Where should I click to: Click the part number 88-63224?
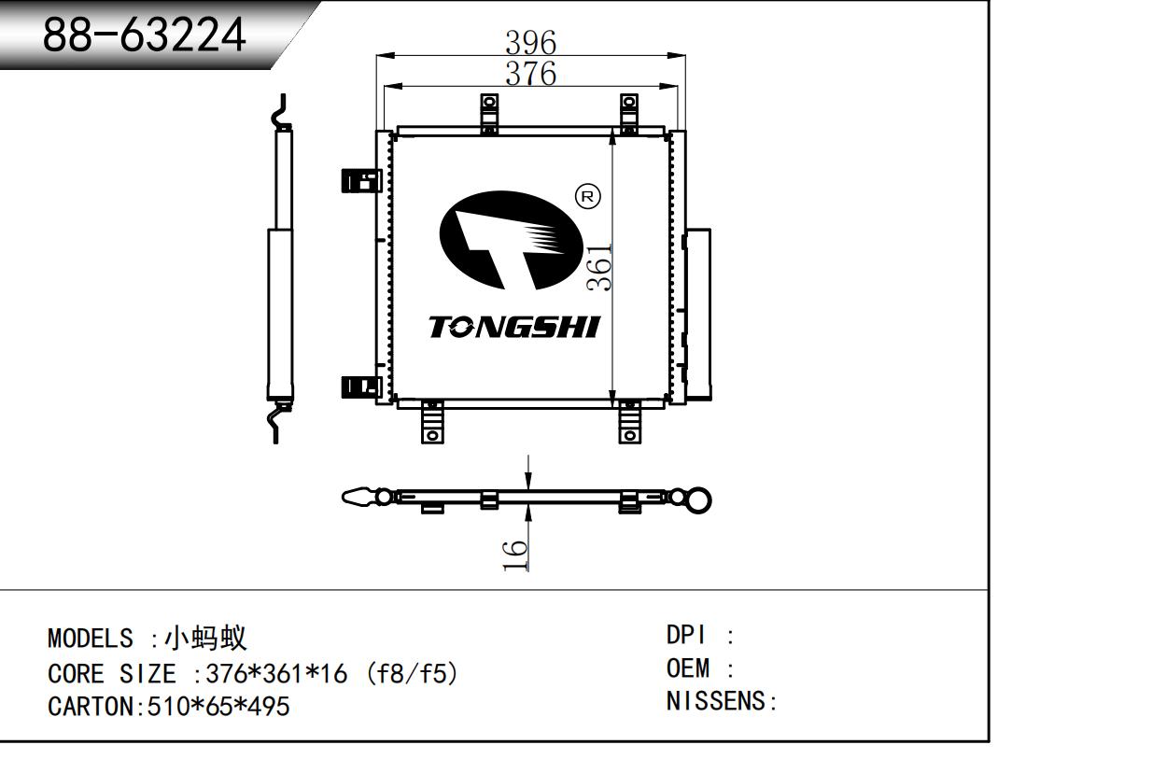(145, 35)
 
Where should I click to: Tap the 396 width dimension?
(530, 42)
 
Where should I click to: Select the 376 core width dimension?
(530, 73)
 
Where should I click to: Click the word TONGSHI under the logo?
(514, 327)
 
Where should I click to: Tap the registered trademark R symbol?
(589, 196)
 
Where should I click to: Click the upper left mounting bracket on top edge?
(486, 113)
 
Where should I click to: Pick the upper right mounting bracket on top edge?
(629, 112)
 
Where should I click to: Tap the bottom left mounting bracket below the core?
(431, 422)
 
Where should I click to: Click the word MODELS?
(90, 640)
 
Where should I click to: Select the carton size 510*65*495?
(218, 707)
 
